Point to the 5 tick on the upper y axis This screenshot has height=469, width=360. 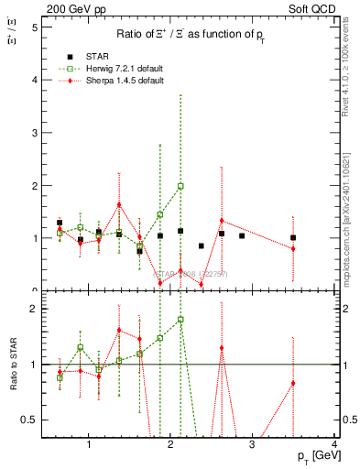coord(34,27)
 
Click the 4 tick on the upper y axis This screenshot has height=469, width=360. coord(34,80)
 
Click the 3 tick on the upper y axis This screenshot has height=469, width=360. coord(34,133)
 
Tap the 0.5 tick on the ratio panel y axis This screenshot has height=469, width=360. coord(30,420)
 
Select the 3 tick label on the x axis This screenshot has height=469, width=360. coord(253,444)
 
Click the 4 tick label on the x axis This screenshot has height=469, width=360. coord(334,444)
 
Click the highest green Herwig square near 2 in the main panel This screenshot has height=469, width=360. coord(180,186)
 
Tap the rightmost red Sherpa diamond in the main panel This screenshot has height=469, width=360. coord(293,248)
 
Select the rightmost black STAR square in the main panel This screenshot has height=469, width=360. coord(293,237)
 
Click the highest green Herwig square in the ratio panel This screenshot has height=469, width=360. coord(180,320)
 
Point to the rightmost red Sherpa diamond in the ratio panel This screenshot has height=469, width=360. coord(293,383)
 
